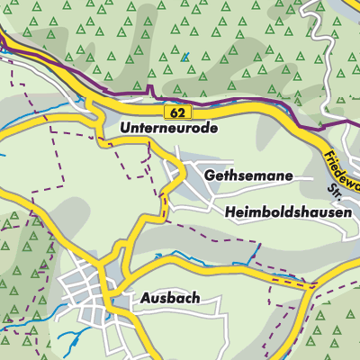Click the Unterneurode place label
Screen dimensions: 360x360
pyautogui.click(x=168, y=130)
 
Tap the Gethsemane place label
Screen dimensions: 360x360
pyautogui.click(x=248, y=175)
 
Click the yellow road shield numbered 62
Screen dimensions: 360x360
pyautogui.click(x=175, y=111)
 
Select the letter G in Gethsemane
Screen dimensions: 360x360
pyautogui.click(x=210, y=175)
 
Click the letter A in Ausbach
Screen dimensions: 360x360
pyautogui.click(x=145, y=296)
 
